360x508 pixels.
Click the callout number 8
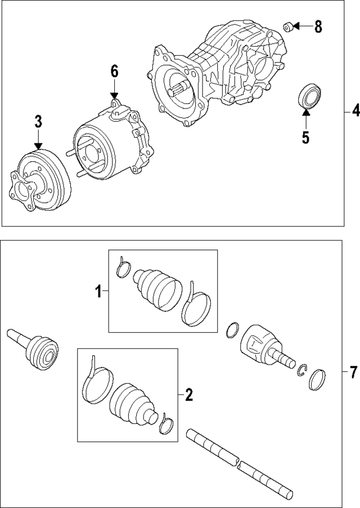[x=318, y=26]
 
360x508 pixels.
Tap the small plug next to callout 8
[x=287, y=26]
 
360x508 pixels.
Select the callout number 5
[x=305, y=138]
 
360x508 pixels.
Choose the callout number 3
[x=38, y=121]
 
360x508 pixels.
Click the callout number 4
[x=354, y=112]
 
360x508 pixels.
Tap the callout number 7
[x=353, y=371]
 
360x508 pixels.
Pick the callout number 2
[x=188, y=395]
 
